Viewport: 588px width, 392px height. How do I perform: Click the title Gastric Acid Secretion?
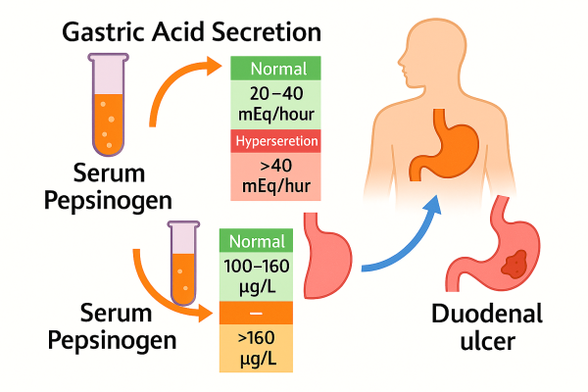pyautogui.click(x=190, y=31)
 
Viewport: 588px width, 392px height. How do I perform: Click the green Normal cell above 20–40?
pyautogui.click(x=275, y=70)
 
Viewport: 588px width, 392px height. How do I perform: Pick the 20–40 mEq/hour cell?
pyautogui.click(x=275, y=105)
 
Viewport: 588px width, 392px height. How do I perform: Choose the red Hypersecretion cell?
pyautogui.click(x=275, y=141)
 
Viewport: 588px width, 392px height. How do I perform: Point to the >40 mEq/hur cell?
pyautogui.click(x=275, y=176)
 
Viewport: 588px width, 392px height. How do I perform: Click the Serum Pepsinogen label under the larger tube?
pyautogui.click(x=108, y=186)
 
